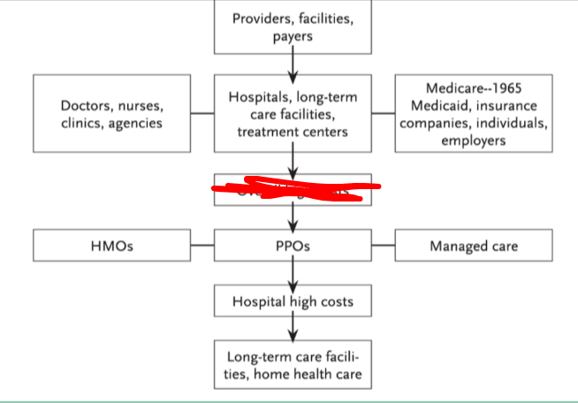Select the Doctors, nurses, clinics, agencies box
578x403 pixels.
(111, 114)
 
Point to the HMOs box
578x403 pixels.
(111, 246)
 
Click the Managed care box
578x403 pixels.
(473, 246)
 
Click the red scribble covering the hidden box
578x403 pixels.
(296, 187)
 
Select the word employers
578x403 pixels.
(473, 140)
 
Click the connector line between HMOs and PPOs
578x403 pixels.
(202, 246)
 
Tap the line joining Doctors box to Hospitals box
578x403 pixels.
(202, 114)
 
